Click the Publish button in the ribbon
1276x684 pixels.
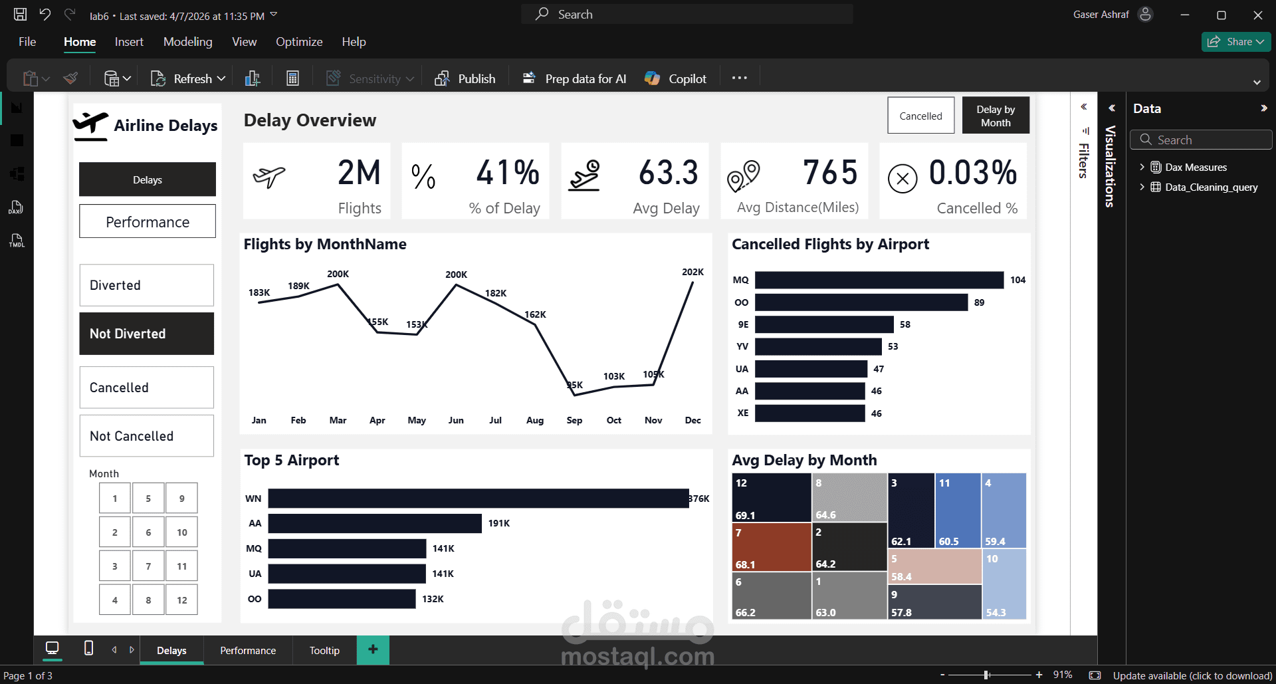(x=465, y=78)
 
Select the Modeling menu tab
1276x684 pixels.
(x=187, y=42)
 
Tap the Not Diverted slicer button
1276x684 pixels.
(x=146, y=334)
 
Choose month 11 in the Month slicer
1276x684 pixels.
(x=181, y=566)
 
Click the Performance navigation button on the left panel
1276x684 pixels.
(x=147, y=221)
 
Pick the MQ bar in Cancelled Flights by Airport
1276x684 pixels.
(x=879, y=280)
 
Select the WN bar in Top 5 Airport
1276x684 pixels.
(x=478, y=499)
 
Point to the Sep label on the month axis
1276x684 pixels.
(x=574, y=420)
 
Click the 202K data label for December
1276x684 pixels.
(x=692, y=272)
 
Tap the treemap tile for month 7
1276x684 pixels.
(x=771, y=547)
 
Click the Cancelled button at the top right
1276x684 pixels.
(x=920, y=116)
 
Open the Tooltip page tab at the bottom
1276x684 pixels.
(x=324, y=650)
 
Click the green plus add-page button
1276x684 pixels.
(x=373, y=649)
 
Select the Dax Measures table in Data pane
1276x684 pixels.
(x=1196, y=168)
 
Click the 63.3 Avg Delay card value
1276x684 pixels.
(x=668, y=173)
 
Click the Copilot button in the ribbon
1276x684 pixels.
(x=675, y=78)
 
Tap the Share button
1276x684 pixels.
(x=1235, y=42)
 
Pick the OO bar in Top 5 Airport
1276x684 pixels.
(x=342, y=599)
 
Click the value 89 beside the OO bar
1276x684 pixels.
(x=979, y=302)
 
